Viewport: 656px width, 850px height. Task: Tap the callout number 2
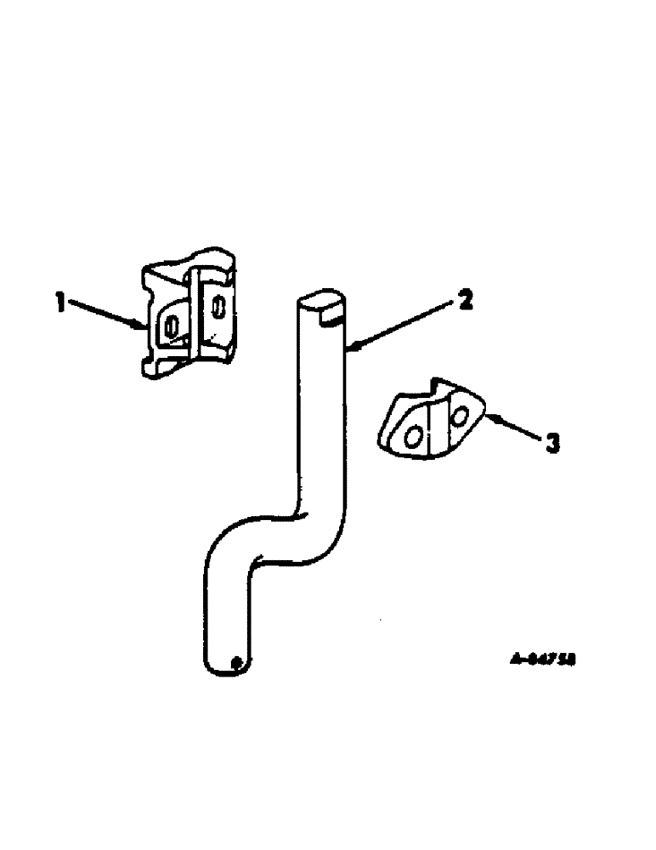click(465, 301)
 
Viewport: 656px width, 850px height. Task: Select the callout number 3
click(552, 443)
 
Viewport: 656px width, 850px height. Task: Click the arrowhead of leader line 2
click(351, 347)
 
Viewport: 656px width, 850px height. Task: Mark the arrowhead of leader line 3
click(488, 415)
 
